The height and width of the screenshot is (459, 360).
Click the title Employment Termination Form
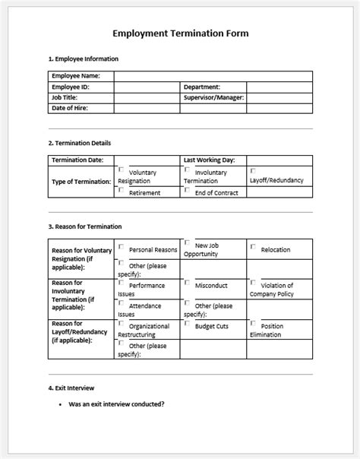click(x=180, y=33)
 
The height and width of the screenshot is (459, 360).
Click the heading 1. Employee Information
click(x=83, y=59)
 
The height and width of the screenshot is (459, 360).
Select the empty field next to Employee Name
click(x=213, y=76)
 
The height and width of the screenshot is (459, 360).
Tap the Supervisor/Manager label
click(x=213, y=98)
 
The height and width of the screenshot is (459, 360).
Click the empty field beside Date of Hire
click(x=147, y=109)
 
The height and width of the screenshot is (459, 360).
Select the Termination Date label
click(x=77, y=160)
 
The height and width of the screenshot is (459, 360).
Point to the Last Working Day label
click(x=209, y=160)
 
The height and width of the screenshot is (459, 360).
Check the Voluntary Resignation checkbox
click(x=122, y=170)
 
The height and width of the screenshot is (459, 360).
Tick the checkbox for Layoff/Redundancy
click(x=253, y=171)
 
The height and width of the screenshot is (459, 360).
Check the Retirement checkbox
click(x=122, y=190)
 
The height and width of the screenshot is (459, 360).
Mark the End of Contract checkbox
click(x=187, y=190)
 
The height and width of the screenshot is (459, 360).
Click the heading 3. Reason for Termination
click(x=84, y=226)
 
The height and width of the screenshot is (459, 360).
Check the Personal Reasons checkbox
click(x=122, y=246)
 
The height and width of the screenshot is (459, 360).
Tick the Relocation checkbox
click(x=253, y=246)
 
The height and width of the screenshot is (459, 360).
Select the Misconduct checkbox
click(x=187, y=283)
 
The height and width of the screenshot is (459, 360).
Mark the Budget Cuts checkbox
click(x=187, y=322)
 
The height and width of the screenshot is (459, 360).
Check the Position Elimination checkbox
click(x=253, y=322)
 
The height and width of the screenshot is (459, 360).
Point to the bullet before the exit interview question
click(x=61, y=404)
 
